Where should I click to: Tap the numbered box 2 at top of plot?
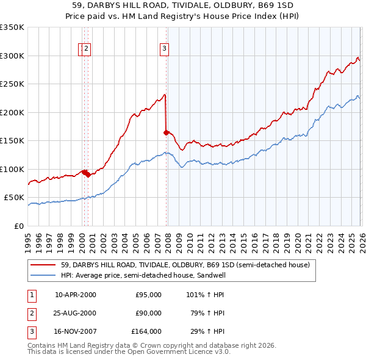[87, 50]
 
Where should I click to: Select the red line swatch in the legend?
[44, 265]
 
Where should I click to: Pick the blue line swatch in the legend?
[44, 275]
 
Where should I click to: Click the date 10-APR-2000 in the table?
[76, 295]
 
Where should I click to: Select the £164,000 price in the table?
[146, 333]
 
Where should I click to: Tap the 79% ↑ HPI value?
[206, 314]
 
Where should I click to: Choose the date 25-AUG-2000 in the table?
[76, 314]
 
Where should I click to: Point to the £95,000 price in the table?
[148, 295]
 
